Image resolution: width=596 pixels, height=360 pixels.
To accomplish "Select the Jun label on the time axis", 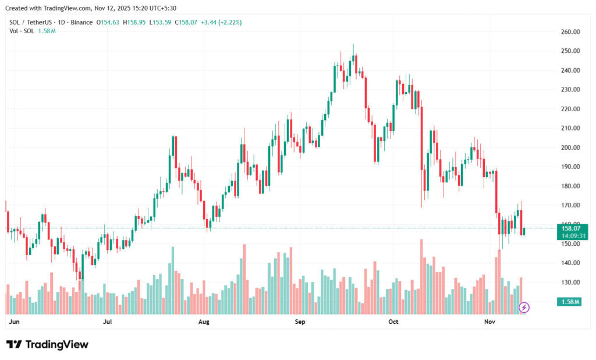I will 15,321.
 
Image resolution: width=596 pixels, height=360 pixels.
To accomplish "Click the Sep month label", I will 300,321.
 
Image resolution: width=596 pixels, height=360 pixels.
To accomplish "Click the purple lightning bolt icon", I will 524,307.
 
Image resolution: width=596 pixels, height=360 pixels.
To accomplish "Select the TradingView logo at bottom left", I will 48,344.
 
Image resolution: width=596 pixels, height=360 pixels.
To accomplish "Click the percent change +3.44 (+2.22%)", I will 221,22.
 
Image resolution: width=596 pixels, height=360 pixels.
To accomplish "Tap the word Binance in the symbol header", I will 80,22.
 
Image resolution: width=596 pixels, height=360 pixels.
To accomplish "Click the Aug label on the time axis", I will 204,321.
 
